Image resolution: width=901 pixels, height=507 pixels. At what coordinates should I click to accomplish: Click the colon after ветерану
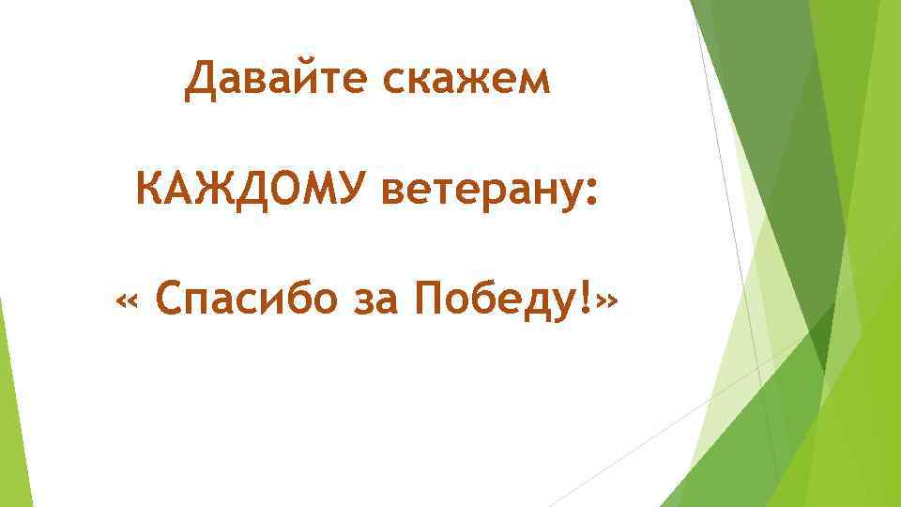click(x=589, y=194)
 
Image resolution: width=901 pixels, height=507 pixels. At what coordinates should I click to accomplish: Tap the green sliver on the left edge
click(x=8, y=394)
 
